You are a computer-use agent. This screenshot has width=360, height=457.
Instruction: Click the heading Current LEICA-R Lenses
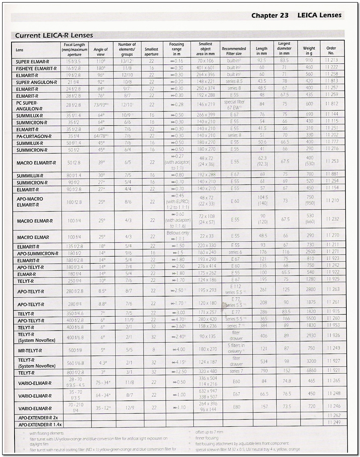54,35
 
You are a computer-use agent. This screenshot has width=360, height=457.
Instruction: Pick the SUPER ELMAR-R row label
32,62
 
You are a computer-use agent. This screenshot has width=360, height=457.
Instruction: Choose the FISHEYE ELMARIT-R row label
36,68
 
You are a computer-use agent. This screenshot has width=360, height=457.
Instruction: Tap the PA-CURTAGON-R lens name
34,136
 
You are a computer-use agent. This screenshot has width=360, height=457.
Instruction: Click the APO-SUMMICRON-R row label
38,254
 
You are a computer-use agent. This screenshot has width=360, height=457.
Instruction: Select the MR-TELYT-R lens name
29,351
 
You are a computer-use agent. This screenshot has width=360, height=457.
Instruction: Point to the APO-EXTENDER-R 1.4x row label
40,425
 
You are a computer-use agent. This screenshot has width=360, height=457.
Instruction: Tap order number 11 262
334,416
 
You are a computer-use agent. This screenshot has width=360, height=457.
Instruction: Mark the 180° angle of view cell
101,68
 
